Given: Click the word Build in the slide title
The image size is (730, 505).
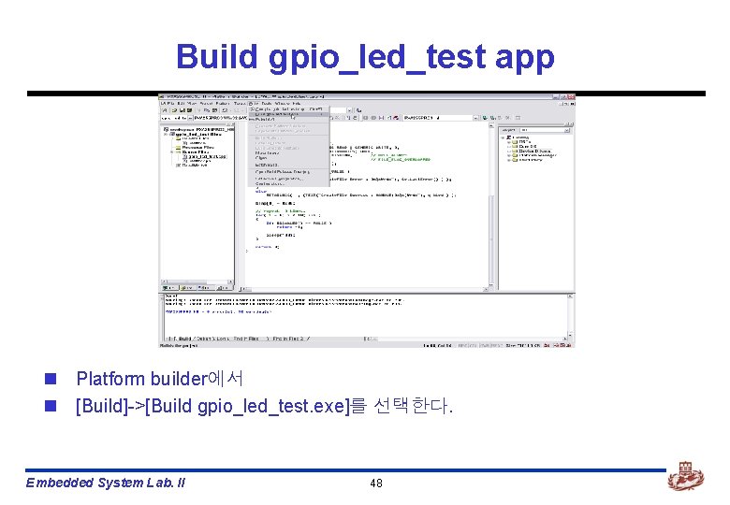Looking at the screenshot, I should click(216, 57).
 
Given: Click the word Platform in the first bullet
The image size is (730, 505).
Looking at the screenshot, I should click(109, 379).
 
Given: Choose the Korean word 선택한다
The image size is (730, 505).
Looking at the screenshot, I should click(412, 407).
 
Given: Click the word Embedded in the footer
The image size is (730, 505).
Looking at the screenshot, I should click(60, 483).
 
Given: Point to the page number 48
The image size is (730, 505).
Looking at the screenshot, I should click(376, 483).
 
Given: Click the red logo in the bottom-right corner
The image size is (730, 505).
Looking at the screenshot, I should click(685, 478).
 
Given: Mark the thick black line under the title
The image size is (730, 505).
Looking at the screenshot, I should click(365, 94).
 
